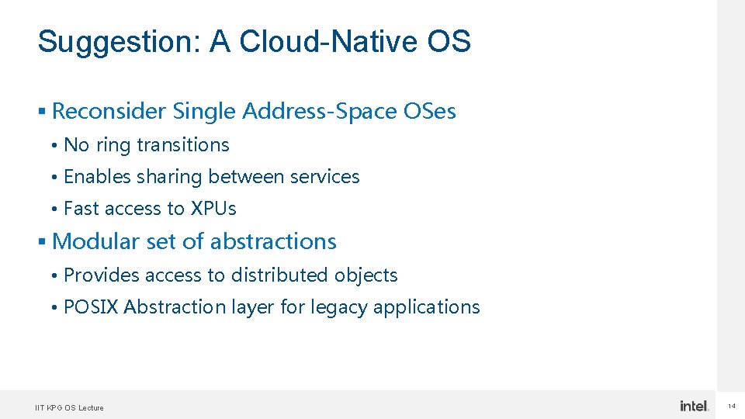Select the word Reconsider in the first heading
coord(109,112)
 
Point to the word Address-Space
coord(320,112)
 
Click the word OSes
coord(430,112)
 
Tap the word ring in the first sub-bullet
coord(114,146)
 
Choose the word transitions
coord(183,145)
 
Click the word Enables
coord(97,177)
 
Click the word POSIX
coord(91,307)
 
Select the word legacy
coord(339,308)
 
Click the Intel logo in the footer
coord(694,406)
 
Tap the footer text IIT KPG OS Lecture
coord(69,407)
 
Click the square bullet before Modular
coord(42,242)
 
